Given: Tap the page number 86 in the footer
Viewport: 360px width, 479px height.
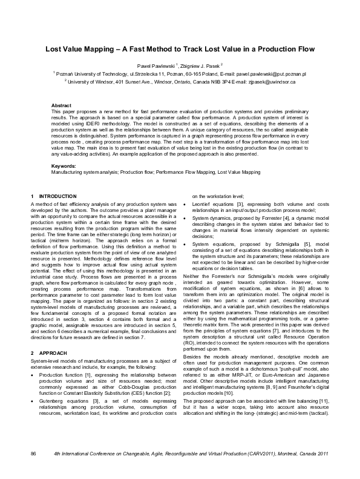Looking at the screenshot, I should [34, 469].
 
